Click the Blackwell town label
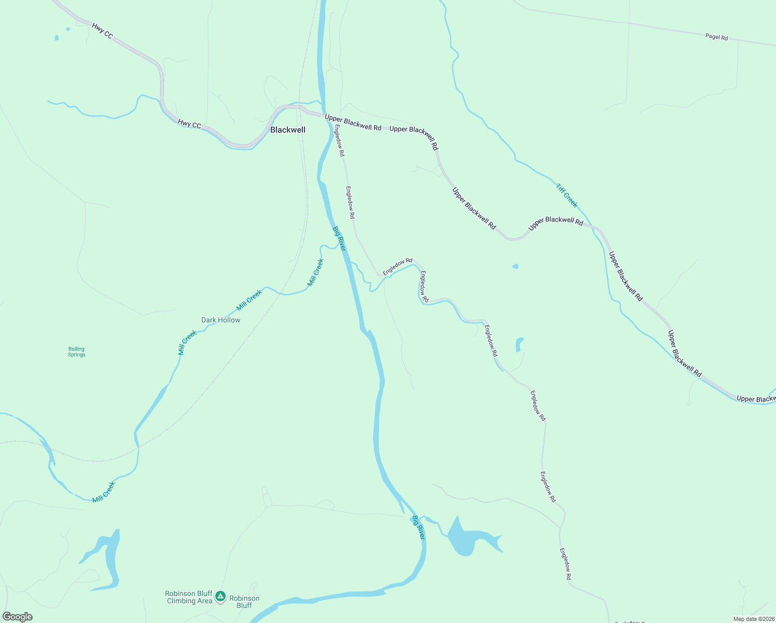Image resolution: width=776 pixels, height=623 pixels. pyautogui.click(x=288, y=130)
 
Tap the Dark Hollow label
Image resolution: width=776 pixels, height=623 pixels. pyautogui.click(x=220, y=320)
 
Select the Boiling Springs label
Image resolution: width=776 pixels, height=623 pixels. pyautogui.click(x=76, y=352)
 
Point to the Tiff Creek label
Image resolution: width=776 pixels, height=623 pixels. pyautogui.click(x=566, y=195)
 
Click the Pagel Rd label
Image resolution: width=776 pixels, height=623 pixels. pyautogui.click(x=716, y=37)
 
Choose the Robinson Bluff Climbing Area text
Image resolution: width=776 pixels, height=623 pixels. pyautogui.click(x=189, y=597)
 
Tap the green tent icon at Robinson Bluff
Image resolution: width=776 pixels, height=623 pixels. pyautogui.click(x=220, y=596)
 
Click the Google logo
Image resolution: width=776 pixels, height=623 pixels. pyautogui.click(x=18, y=617)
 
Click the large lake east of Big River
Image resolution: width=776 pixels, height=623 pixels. pyautogui.click(x=467, y=537)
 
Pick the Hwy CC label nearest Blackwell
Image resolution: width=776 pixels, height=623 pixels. pyautogui.click(x=189, y=124)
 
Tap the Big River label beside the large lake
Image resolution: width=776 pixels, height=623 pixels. pyautogui.click(x=419, y=527)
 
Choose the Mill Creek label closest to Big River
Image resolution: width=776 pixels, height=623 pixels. pyautogui.click(x=315, y=273)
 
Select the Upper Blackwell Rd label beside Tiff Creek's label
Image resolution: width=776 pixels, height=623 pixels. pyautogui.click(x=556, y=221)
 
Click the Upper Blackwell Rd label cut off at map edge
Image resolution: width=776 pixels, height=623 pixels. pyautogui.click(x=756, y=399)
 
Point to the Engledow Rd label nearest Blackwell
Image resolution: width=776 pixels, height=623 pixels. pyautogui.click(x=339, y=140)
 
